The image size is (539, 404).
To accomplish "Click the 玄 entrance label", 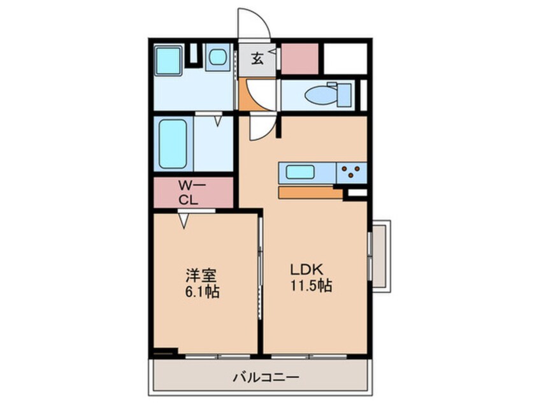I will pyautogui.click(x=257, y=59).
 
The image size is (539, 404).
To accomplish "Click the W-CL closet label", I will pyautogui.click(x=189, y=192).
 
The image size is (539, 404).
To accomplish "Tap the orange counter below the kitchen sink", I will pyautogui.click(x=310, y=192).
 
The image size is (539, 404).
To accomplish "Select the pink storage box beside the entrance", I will pyautogui.click(x=299, y=59).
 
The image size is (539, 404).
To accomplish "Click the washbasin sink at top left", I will pyautogui.click(x=169, y=61).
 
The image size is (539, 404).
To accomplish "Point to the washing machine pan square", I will pyautogui.click(x=219, y=58).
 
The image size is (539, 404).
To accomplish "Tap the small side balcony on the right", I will pyautogui.click(x=380, y=255).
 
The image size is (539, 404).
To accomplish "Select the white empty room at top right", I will pyautogui.click(x=344, y=59).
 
